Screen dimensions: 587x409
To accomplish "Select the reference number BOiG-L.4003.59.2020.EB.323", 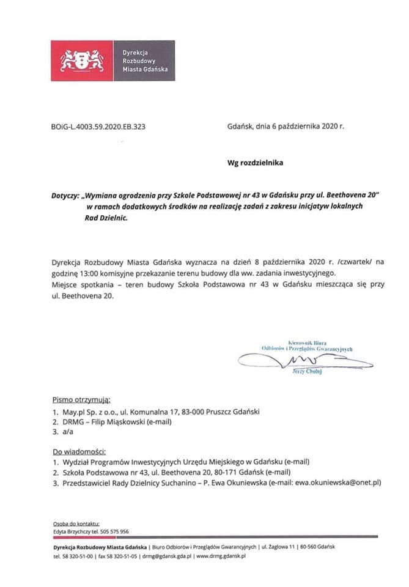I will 98,127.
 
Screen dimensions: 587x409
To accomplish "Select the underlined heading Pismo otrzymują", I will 81,401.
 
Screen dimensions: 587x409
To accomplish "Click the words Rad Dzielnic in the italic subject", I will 107,218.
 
